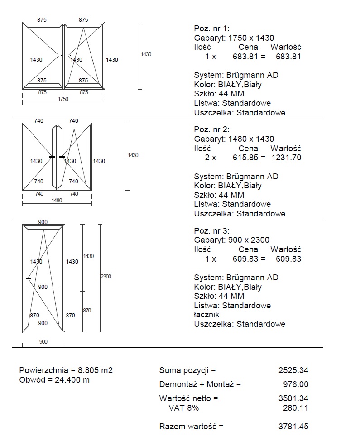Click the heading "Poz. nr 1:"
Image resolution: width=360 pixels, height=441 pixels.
pyautogui.click(x=211, y=29)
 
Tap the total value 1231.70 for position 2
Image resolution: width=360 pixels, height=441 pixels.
pyautogui.click(x=286, y=158)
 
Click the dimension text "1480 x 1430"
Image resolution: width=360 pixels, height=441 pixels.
pyautogui.click(x=252, y=139)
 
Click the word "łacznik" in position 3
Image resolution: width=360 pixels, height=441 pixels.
pyautogui.click(x=206, y=314)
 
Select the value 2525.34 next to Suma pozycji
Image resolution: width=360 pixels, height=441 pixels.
pyautogui.click(x=293, y=370)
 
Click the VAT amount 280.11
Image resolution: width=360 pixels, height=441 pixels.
pyautogui.click(x=295, y=408)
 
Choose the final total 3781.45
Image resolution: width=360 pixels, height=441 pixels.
pyautogui.click(x=293, y=427)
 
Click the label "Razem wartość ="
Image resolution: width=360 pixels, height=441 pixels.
pyautogui.click(x=191, y=427)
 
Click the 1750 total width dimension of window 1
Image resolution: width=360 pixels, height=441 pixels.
pyautogui.click(x=63, y=99)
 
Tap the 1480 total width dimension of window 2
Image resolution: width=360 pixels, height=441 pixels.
pyautogui.click(x=57, y=201)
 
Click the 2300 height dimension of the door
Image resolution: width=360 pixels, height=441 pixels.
pyautogui.click(x=106, y=276)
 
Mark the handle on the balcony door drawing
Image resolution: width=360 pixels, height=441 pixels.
pyautogui.click(x=28, y=278)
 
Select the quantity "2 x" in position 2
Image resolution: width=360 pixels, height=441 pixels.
pyautogui.click(x=211, y=158)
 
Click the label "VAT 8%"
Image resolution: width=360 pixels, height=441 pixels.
pyautogui.click(x=183, y=408)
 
